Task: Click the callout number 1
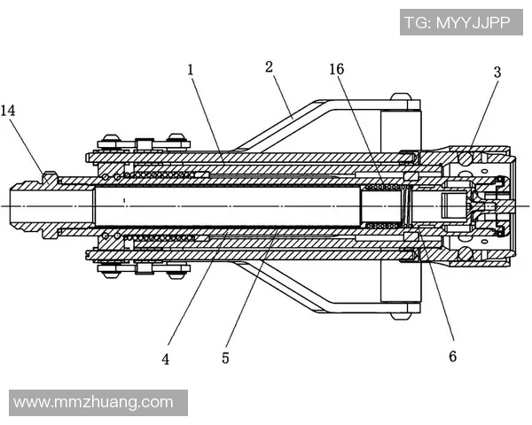[x=190, y=68]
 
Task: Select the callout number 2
[x=270, y=66]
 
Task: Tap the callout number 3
[x=497, y=73]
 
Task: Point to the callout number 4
[x=166, y=359]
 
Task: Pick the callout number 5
[x=226, y=359]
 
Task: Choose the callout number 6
[x=452, y=357]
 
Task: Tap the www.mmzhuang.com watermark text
[x=94, y=402]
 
